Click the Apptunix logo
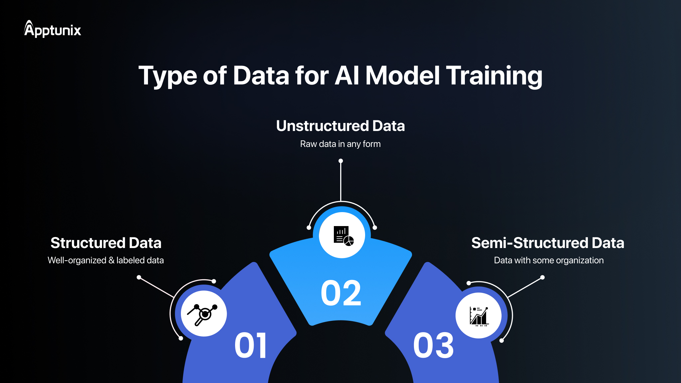pyautogui.click(x=53, y=29)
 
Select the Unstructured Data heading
pyautogui.click(x=340, y=126)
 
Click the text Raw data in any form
pyautogui.click(x=340, y=144)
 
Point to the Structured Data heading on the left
pyautogui.click(x=106, y=243)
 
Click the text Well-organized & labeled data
pyautogui.click(x=105, y=260)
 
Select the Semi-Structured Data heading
pyautogui.click(x=548, y=243)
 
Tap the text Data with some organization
pyautogui.click(x=549, y=260)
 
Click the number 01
pyautogui.click(x=251, y=346)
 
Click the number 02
pyautogui.click(x=341, y=293)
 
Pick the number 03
pyautogui.click(x=433, y=346)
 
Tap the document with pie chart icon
pyautogui.click(x=342, y=235)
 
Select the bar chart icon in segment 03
pyautogui.click(x=479, y=316)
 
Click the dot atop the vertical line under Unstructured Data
pyautogui.click(x=340, y=161)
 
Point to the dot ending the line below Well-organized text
pyautogui.click(x=139, y=277)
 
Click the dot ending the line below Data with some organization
pyautogui.click(x=542, y=277)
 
